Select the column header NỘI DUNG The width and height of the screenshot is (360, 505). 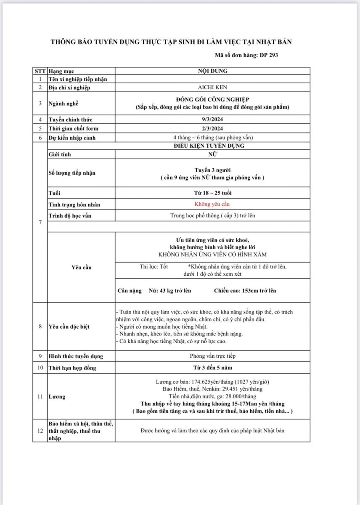coord(212,71)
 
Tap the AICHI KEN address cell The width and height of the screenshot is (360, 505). coord(212,88)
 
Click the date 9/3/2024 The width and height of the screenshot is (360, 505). coord(212,120)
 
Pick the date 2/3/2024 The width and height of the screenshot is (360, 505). coord(212,128)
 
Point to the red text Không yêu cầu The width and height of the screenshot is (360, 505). coord(212,205)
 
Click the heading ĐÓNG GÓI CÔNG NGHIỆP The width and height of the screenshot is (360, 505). coord(212,99)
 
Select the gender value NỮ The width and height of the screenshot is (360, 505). coord(212,154)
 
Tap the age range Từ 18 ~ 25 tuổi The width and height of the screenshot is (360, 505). coord(212,193)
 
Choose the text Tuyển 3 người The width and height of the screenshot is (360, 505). coord(212,170)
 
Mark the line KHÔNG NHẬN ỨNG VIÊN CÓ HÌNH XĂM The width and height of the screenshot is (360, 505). coord(212,255)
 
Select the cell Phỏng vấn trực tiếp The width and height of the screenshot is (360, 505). coord(212,356)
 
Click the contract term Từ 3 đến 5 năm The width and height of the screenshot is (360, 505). coord(212,368)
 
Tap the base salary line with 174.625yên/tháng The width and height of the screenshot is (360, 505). coord(212,382)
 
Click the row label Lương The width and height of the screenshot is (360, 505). coord(57,396)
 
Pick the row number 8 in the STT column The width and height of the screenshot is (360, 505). coord(40,326)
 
